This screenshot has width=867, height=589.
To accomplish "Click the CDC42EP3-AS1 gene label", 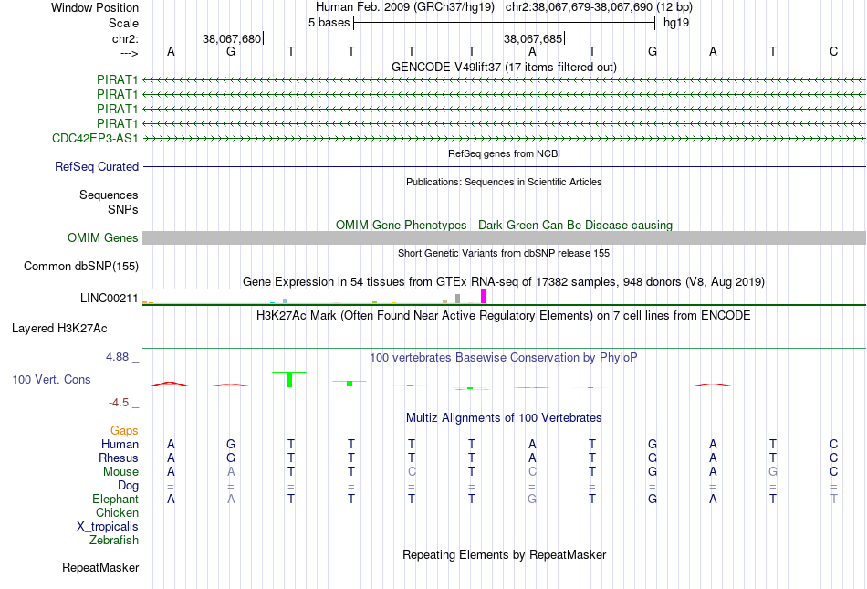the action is coord(95,138).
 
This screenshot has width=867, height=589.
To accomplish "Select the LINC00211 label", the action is coord(109,299).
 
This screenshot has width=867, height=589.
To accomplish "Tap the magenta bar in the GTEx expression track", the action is coord(484,296).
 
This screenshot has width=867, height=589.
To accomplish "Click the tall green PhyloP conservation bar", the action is coord(289,379).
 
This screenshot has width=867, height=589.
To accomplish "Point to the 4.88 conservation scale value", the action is coord(117,357).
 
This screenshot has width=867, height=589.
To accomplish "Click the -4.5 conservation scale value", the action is coord(119,403).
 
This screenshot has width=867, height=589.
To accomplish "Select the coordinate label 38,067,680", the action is coord(232,38).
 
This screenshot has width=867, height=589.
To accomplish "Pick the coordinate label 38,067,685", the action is coord(533,38).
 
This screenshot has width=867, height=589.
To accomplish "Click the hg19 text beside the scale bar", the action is coord(676,23).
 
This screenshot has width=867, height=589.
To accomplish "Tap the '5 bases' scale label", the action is coord(329,23).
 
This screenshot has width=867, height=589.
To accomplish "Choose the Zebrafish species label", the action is coord(114,541).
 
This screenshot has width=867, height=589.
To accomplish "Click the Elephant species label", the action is coord(115,500).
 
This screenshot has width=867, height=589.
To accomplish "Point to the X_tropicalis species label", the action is coord(108,527).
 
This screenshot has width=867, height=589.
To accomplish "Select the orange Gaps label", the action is coord(124,431).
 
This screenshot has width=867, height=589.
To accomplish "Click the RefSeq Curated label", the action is coord(97,166).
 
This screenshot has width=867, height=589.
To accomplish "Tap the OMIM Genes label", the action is coord(103,237).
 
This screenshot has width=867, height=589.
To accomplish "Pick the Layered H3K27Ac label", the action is coord(59,329).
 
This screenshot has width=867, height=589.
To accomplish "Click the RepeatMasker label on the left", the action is coord(100,567).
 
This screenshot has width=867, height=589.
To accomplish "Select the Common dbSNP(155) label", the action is coord(81,266).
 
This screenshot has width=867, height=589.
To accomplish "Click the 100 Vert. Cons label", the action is coord(51,379).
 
